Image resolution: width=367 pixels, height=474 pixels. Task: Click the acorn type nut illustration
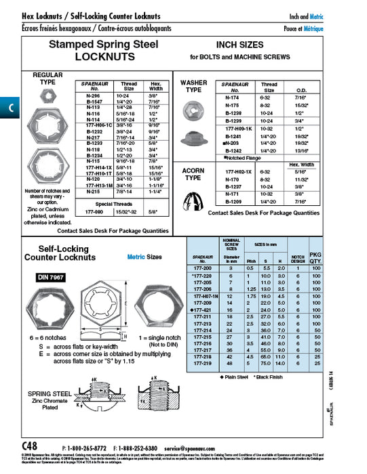click(x=194, y=191)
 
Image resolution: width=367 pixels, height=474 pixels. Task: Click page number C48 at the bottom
click(x=30, y=448)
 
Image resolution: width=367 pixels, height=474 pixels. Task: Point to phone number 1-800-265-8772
click(x=85, y=448)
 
